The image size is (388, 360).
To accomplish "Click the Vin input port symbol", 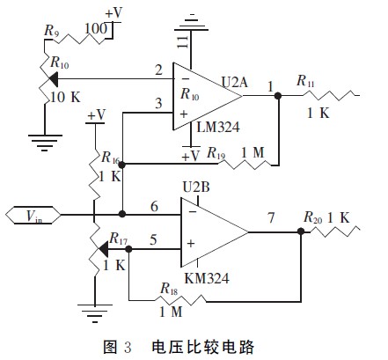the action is [x=33, y=215].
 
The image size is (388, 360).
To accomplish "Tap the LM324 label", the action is [x=218, y=127].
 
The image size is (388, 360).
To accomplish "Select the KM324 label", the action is [x=207, y=278].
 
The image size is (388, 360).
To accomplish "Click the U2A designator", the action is [x=235, y=82].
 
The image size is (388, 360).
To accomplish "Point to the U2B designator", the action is [x=196, y=187].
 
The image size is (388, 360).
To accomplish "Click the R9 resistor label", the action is [x=51, y=31].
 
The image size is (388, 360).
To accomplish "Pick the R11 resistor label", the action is [x=305, y=81].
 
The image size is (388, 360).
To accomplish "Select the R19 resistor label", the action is [x=216, y=153].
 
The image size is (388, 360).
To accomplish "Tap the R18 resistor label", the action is [x=169, y=289].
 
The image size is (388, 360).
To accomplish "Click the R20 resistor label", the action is [x=312, y=217].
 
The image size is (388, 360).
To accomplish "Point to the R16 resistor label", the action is [x=111, y=158].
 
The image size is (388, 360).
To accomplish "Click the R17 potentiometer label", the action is [x=119, y=239].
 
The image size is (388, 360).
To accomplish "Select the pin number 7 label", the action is [x=271, y=217].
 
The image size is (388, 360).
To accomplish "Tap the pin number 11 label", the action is [x=182, y=42].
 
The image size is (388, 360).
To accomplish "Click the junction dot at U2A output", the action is [x=278, y=95].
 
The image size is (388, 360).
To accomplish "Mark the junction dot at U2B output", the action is [x=301, y=231].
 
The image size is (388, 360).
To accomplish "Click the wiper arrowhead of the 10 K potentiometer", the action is [x=52, y=78].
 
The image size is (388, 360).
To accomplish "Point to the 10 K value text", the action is [x=65, y=97].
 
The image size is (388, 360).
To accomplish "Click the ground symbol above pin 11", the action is [x=191, y=23].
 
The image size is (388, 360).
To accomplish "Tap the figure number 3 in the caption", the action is [x=128, y=347].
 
